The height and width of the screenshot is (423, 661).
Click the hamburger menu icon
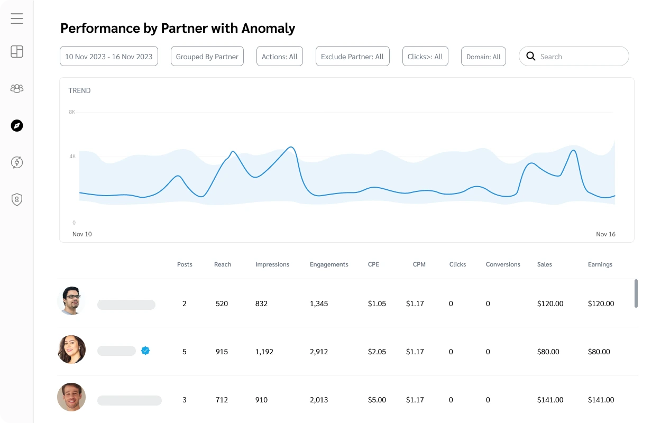(17, 19)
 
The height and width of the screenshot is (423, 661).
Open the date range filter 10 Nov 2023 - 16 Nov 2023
(109, 57)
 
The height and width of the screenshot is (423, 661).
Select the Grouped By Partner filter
(207, 57)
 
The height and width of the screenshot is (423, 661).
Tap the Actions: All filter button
(280, 57)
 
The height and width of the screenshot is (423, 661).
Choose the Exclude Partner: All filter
(353, 57)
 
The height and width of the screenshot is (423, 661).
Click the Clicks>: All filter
(425, 57)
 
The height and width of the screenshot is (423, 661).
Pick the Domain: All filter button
(483, 57)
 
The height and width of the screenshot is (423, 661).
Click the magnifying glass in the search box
(531, 57)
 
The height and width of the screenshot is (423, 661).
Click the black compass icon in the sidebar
(17, 125)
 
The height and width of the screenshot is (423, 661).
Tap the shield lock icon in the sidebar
(17, 199)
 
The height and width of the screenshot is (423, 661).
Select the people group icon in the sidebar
(17, 88)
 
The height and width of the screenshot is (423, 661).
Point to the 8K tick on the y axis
(72, 112)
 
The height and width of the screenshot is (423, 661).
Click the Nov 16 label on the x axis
(605, 234)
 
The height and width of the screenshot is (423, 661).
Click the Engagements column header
(329, 264)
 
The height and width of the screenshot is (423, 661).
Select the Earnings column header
(600, 264)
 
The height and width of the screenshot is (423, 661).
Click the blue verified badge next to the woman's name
(145, 350)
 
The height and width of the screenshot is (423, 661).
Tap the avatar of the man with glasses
(71, 301)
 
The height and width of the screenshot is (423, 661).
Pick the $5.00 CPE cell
(377, 400)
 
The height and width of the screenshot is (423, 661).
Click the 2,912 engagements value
(319, 352)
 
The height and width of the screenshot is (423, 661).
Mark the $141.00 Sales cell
(550, 400)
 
